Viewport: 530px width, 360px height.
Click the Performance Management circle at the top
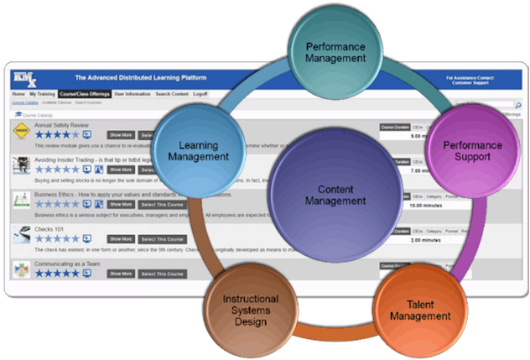pyautogui.click(x=335, y=53)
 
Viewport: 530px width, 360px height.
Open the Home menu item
pyautogui.click(x=18, y=95)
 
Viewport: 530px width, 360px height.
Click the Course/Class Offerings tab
pyautogui.click(x=86, y=95)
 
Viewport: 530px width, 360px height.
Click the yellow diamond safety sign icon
pyautogui.click(x=21, y=131)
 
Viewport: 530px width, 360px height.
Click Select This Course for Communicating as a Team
pyautogui.click(x=162, y=274)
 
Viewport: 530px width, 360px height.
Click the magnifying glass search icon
pyautogui.click(x=517, y=106)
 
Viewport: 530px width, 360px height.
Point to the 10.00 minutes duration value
pyautogui.click(x=403, y=204)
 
